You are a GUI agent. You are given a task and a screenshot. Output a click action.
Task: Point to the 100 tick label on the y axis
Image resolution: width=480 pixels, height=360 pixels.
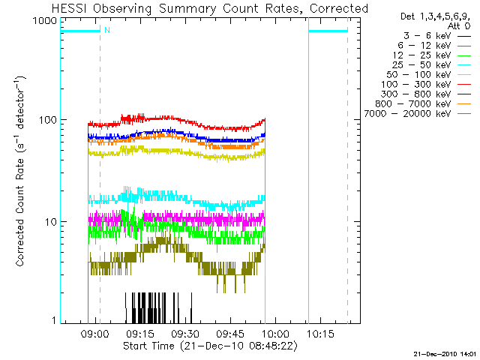(47, 121)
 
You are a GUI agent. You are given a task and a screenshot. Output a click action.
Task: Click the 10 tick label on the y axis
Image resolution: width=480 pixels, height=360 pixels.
(49, 221)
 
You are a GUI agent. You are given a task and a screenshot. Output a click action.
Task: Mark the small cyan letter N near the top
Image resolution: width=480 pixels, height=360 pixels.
(106, 30)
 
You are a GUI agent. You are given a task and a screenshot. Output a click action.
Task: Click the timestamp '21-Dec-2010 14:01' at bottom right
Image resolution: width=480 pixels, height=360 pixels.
(444, 352)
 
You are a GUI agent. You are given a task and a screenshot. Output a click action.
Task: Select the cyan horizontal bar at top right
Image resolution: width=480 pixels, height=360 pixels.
(328, 31)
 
